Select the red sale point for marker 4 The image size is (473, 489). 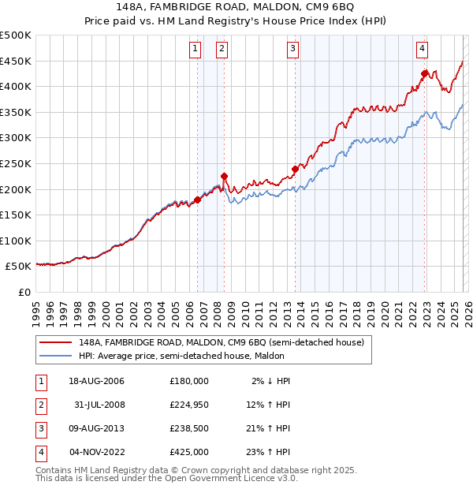[424, 73]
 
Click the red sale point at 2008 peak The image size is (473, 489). [224, 177]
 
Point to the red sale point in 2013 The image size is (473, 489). [295, 169]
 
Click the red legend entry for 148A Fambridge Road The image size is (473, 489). [221, 343]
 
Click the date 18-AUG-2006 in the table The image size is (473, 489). [96, 380]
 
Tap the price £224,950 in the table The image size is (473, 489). [188, 405]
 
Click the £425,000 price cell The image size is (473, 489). [188, 452]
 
